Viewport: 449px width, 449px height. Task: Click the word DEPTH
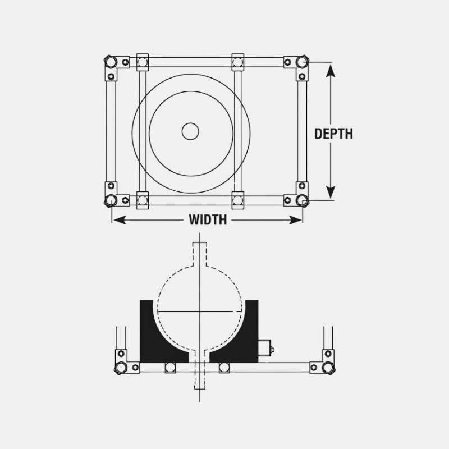(333, 134)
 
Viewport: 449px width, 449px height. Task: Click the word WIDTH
(208, 220)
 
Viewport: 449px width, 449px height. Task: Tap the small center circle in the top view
(190, 131)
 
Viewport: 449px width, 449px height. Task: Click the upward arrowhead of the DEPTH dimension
(331, 71)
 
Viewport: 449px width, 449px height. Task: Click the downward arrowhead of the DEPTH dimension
(331, 192)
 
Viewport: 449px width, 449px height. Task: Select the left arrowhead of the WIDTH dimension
(120, 220)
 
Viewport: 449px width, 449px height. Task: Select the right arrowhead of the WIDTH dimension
(295, 220)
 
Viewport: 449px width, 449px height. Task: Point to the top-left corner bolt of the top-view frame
(111, 62)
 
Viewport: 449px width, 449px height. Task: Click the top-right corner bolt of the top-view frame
(303, 62)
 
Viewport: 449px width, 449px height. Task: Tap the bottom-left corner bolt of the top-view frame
(111, 200)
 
